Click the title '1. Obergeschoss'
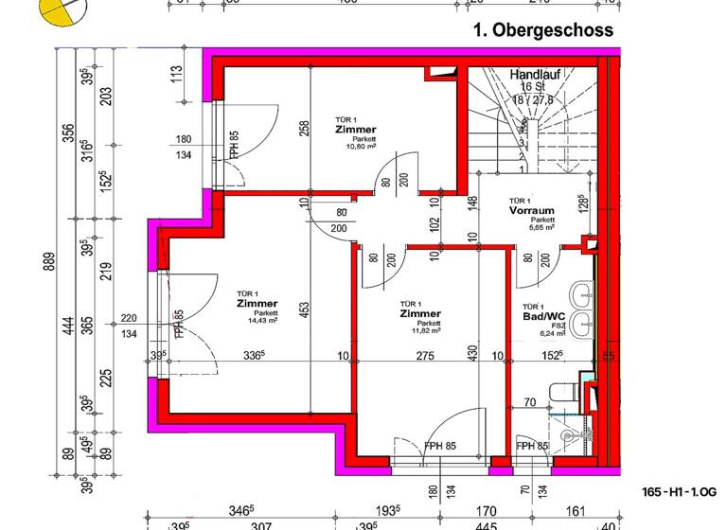pos(542,30)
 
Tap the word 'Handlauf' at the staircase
pos(537,74)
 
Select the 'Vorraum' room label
pos(530,212)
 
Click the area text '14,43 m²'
pos(257,321)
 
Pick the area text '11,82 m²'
pos(421,331)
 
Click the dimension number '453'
pos(306,310)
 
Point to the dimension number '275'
pos(424,357)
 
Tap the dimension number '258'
pos(306,129)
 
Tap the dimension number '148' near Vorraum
pos(470,203)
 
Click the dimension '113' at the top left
pos(176,74)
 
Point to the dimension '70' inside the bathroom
pos(531,402)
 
